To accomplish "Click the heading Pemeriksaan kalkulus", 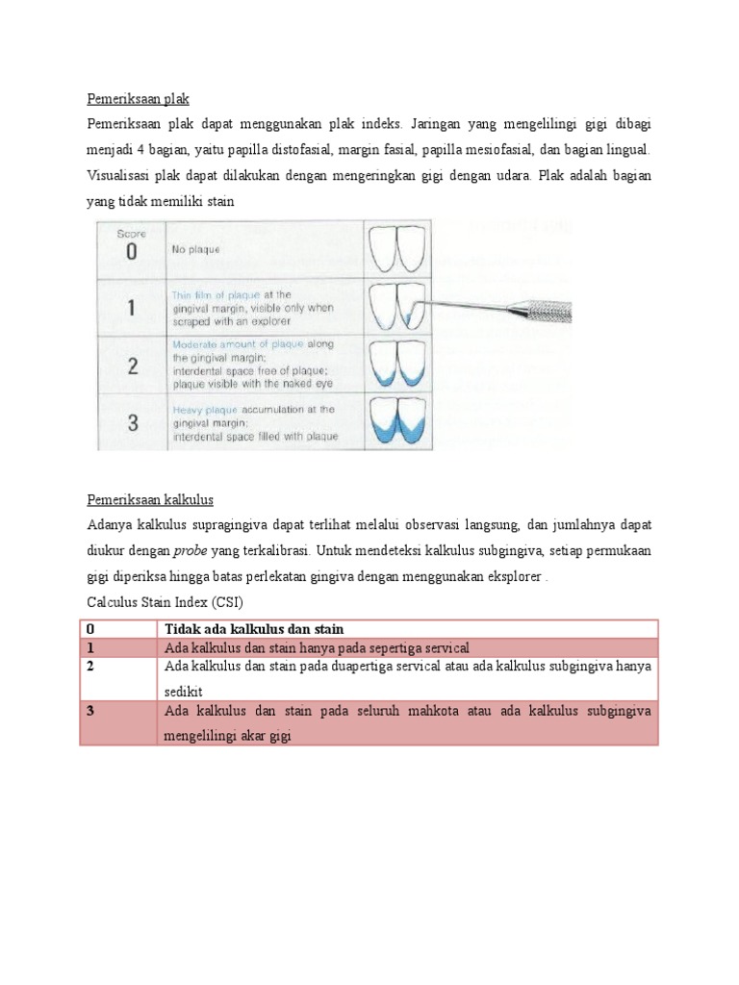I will pos(149,500).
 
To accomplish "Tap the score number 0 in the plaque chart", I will pos(131,252).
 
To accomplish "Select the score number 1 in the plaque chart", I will pos(131,308).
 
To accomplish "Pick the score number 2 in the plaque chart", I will pos(131,366).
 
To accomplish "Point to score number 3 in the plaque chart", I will pos(131,421).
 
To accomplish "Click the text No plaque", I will pos(195,249).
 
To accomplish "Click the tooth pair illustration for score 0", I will pos(397,249).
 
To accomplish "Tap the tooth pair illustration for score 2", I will pos(397,364).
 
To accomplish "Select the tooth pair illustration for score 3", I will pos(397,420).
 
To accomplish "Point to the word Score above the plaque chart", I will pos(131,233).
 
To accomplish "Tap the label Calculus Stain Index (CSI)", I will pos(165,602).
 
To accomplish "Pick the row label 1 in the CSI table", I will pos(90,647).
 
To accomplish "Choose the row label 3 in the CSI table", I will pos(90,711).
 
